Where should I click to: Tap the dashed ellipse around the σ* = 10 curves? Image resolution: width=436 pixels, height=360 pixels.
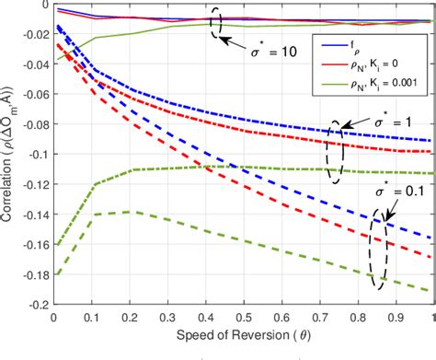[219, 22]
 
